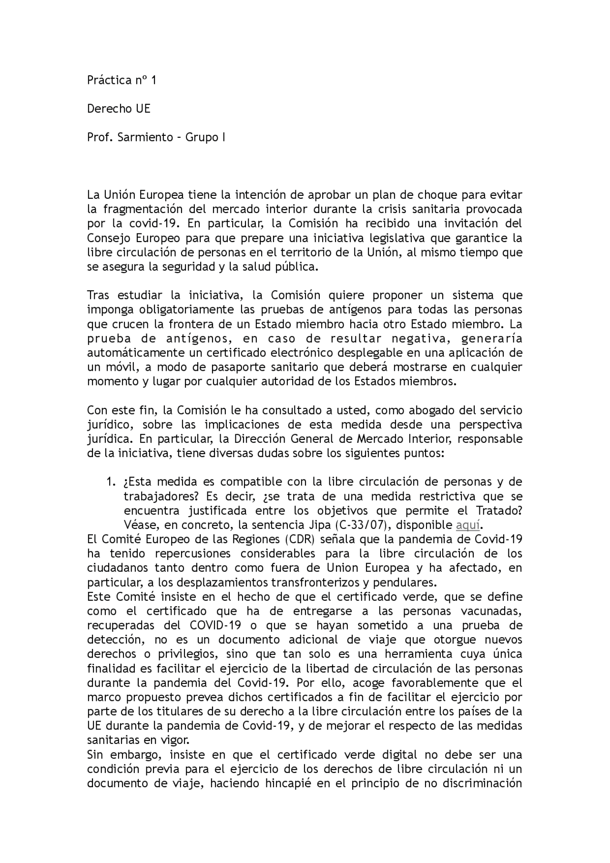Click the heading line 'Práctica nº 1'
click(122, 81)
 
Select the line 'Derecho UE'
click(119, 109)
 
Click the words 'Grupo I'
click(205, 138)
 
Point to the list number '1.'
click(111, 482)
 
